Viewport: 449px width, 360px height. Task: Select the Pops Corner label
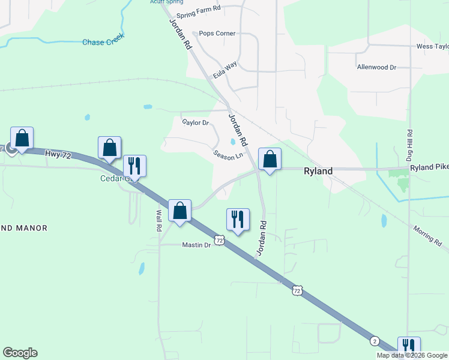click(217, 34)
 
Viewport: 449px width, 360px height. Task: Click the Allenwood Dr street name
click(376, 67)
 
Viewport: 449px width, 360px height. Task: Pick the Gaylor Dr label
click(195, 122)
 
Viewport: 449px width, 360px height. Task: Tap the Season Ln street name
click(228, 155)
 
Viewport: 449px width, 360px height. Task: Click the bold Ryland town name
click(318, 171)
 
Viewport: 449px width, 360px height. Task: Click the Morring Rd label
click(427, 235)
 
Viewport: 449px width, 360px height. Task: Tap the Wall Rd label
click(159, 220)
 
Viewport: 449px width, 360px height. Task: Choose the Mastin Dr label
click(197, 245)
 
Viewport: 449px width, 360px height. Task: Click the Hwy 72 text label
click(58, 154)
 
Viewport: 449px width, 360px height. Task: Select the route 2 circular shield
click(375, 341)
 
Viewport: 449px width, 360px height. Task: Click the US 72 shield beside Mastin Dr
click(220, 240)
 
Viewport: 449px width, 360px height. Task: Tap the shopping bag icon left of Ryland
click(270, 159)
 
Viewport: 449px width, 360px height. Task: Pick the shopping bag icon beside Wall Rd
click(179, 211)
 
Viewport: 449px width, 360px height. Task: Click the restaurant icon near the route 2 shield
click(408, 346)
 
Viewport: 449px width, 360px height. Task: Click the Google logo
click(20, 353)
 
